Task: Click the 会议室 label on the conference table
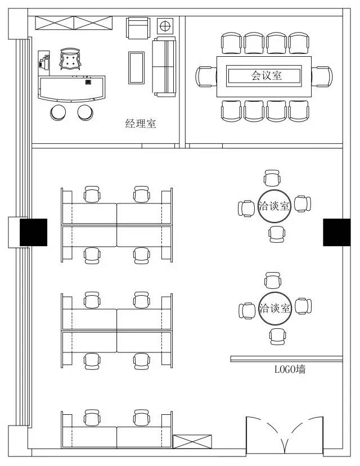(x=267, y=75)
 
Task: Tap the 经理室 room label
(x=141, y=123)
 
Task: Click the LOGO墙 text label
(x=290, y=369)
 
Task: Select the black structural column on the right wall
(x=336, y=232)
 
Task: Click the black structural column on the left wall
(x=33, y=232)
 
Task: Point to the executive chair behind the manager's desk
(x=70, y=59)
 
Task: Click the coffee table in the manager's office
(x=137, y=68)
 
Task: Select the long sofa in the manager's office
(x=164, y=67)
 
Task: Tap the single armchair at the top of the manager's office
(x=138, y=28)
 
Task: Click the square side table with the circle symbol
(x=165, y=26)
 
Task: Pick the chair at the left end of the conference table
(x=206, y=76)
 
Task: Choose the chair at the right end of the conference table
(x=322, y=76)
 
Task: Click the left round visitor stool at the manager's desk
(x=58, y=112)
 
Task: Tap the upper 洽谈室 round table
(x=274, y=206)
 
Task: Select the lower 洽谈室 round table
(x=274, y=309)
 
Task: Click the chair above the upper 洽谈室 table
(x=272, y=178)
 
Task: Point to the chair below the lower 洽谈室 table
(x=277, y=337)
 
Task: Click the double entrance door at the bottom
(x=285, y=435)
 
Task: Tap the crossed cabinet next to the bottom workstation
(x=192, y=442)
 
